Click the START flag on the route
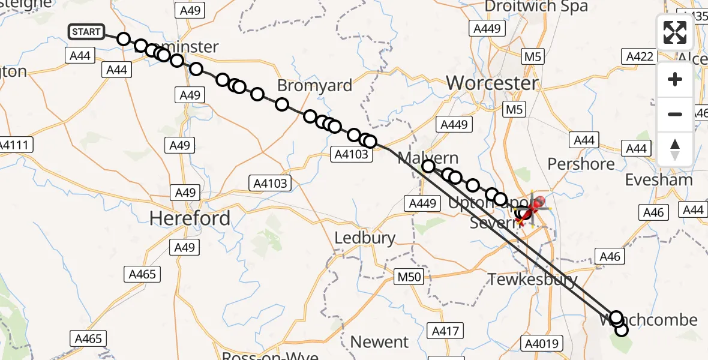pos(86,32)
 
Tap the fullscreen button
pos(674,32)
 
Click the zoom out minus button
pos(674,114)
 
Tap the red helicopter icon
pos(532,208)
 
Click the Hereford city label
pos(190,218)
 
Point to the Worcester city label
pos(493,83)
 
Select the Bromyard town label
pos(314,86)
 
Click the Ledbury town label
pos(365,238)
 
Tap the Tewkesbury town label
pos(532,279)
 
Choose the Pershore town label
pos(581,164)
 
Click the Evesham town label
pos(658,180)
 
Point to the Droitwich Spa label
pos(536,7)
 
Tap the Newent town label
pos(379,342)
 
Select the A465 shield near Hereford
pos(142,275)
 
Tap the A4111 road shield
pos(16,145)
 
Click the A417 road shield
pos(445,331)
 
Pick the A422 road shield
pos(640,56)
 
